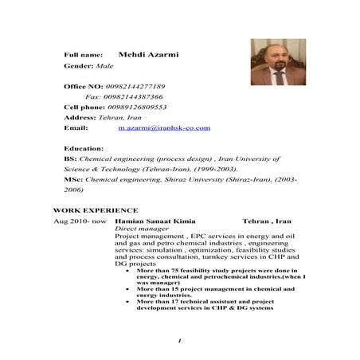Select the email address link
coord(163,127)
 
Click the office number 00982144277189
coord(136,86)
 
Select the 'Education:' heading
coord(83,148)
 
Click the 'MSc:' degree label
coord(72,180)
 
